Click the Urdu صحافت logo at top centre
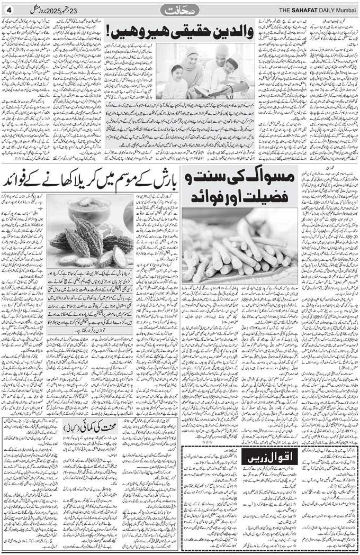(x=179, y=10)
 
